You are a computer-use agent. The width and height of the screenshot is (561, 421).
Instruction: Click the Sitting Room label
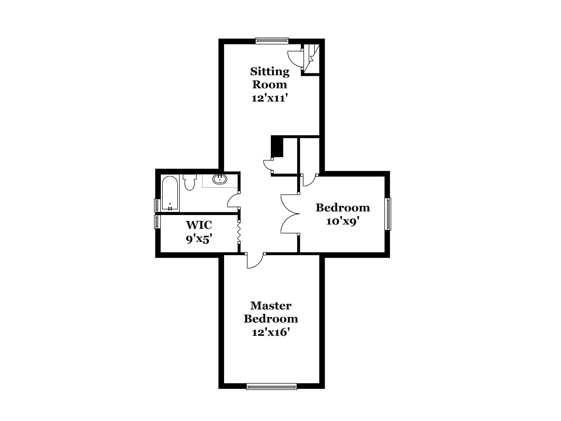270,78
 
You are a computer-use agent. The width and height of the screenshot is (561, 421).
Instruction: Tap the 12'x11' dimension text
270,98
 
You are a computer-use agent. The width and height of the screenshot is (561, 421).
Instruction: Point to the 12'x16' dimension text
271,332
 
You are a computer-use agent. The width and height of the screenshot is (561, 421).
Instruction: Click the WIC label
199,225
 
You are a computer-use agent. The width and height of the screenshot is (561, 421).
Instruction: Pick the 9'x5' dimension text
199,239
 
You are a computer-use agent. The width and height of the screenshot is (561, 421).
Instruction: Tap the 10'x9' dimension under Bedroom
343,221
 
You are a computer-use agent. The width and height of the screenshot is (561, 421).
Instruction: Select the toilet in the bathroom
189,182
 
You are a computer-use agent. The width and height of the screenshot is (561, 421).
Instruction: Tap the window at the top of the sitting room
272,41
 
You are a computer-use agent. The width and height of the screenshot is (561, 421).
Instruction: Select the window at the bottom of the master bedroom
271,386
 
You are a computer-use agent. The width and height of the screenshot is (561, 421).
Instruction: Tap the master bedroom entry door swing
255,261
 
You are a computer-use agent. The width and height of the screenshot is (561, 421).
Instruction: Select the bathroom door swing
233,200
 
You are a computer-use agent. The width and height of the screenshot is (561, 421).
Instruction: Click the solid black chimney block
277,147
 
